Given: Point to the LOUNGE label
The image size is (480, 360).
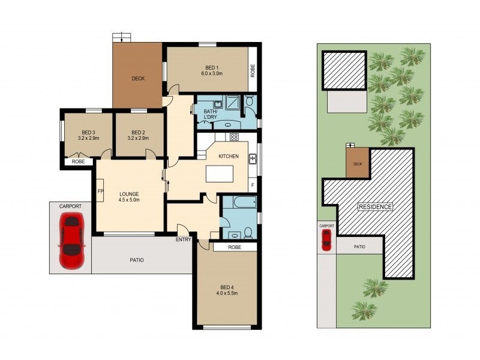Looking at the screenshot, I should (129, 194).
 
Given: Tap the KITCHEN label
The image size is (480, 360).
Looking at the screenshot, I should (228, 156).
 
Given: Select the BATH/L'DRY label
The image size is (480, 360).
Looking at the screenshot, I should (211, 114).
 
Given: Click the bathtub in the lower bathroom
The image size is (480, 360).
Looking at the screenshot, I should (239, 202).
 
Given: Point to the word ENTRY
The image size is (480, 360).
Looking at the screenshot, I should (183, 239).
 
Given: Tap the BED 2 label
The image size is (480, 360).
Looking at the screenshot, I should (138, 133).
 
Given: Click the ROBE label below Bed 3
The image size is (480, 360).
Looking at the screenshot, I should (77, 161).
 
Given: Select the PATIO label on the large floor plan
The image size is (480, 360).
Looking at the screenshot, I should (137, 260).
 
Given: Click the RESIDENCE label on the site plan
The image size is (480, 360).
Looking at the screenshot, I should (376, 207).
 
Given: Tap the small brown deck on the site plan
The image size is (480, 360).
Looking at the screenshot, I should (358, 164).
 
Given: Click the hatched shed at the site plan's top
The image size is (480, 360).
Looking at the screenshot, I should (344, 70).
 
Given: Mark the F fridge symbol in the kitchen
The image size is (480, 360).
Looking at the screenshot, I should (253, 185).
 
